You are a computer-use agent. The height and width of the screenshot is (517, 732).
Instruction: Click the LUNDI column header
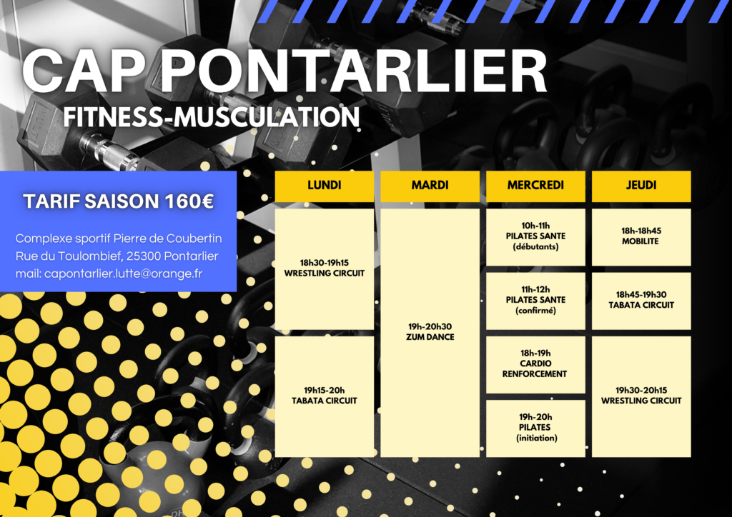[x=324, y=186]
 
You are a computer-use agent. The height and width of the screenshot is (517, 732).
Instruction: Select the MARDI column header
[x=430, y=186]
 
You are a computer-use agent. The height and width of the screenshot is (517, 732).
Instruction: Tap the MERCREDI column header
[x=535, y=186]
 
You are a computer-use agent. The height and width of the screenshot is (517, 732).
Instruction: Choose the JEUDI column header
[x=641, y=186]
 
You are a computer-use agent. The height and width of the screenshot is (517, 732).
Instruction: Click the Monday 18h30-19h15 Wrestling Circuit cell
[x=324, y=269]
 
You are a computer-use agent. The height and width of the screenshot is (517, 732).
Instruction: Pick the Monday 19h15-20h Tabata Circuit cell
[x=324, y=396]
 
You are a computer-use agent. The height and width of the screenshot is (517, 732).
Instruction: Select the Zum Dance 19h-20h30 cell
[x=430, y=332]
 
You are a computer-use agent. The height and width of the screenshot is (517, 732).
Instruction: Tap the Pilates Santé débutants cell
[x=535, y=237]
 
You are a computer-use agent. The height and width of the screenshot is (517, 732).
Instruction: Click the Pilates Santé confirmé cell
[x=535, y=301]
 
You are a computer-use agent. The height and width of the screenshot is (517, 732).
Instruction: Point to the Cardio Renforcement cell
[x=535, y=365]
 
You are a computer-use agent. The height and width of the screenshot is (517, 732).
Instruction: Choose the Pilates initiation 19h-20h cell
[x=535, y=428]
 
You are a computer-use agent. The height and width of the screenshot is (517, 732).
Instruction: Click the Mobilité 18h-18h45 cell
[x=641, y=237]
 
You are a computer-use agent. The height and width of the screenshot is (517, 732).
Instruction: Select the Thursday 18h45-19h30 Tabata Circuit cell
[x=641, y=301]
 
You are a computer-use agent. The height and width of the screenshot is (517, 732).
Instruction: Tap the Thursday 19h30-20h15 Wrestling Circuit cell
[x=641, y=396]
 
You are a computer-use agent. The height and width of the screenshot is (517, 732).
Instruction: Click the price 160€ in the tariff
[x=189, y=201]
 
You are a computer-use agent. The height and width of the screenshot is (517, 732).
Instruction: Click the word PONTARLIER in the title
[x=354, y=71]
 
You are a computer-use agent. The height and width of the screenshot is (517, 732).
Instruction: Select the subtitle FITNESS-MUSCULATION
[x=212, y=116]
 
